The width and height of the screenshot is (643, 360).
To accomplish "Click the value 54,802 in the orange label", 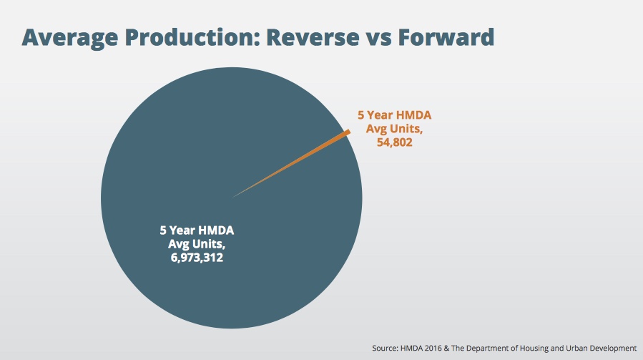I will pyautogui.click(x=394, y=142).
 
